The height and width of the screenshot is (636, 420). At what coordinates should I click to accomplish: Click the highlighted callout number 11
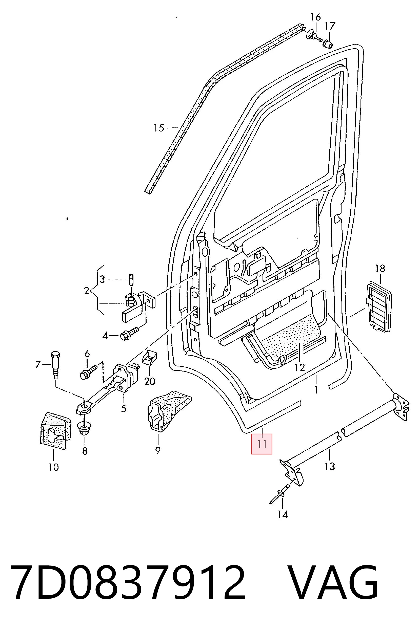(262, 444)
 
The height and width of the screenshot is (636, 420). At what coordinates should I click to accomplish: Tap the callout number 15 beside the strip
(159, 128)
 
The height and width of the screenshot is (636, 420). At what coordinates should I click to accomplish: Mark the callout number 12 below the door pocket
(300, 367)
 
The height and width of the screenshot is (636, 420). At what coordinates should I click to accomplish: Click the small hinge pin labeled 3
(131, 280)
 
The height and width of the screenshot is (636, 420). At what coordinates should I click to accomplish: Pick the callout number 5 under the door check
(124, 409)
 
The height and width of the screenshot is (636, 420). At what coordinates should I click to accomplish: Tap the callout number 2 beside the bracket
(86, 291)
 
